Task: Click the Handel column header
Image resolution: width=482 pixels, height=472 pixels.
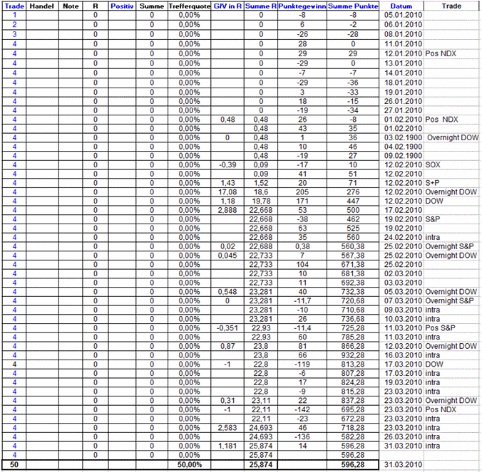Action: [41, 6]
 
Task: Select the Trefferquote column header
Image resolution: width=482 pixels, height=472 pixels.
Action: [189, 6]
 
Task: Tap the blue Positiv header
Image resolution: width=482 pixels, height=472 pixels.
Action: [123, 6]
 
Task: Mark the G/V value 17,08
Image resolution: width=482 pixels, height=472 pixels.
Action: [226, 192]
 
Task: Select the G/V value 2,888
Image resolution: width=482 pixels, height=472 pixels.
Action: [226, 211]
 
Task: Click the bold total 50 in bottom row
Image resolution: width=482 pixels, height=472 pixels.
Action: [14, 464]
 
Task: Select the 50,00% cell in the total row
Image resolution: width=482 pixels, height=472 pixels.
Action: [189, 464]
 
